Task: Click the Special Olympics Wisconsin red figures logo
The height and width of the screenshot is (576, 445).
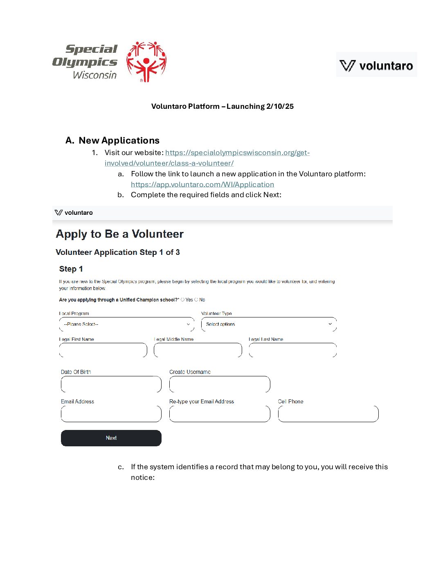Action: pos(146,62)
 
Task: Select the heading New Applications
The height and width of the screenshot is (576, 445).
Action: pos(119,140)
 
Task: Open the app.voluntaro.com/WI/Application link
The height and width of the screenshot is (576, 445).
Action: pos(202,184)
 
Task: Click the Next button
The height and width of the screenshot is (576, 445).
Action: pos(111,438)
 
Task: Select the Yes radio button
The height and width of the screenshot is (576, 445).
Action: pos(183,300)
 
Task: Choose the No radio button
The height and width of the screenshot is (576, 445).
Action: pos(196,300)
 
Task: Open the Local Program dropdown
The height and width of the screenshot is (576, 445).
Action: pos(127,324)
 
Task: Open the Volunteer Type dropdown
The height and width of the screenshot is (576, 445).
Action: pos(269,324)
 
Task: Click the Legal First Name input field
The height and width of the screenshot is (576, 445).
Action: pos(103,350)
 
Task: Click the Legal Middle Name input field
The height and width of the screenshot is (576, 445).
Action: pos(198,350)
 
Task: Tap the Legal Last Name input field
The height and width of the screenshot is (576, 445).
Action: pos(293,350)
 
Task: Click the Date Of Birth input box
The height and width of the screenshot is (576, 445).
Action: pos(111,385)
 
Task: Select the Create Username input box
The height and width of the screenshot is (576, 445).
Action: pos(220,385)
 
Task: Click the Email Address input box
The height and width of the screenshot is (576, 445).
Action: pos(111,414)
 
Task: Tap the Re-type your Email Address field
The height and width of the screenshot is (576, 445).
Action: pos(220,414)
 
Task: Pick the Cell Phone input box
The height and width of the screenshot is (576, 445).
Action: pos(328,414)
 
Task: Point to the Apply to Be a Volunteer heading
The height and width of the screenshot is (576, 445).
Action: pos(120,234)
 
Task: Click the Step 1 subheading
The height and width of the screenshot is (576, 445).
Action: pos(71,269)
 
